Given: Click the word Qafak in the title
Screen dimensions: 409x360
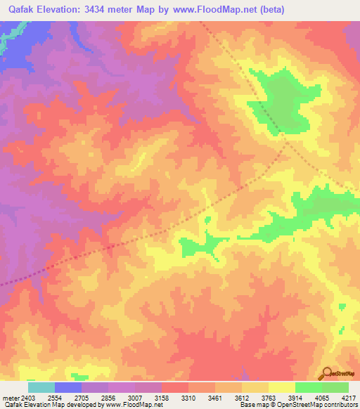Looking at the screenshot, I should pyautogui.click(x=22, y=10).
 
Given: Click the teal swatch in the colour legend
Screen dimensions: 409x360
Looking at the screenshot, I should pyautogui.click(x=41, y=387).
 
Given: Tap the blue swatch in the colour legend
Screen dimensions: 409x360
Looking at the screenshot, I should pyautogui.click(x=68, y=387).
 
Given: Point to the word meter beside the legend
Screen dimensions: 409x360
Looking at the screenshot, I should pyautogui.click(x=11, y=398).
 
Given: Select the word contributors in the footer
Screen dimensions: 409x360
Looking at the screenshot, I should pyautogui.click(x=341, y=405).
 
